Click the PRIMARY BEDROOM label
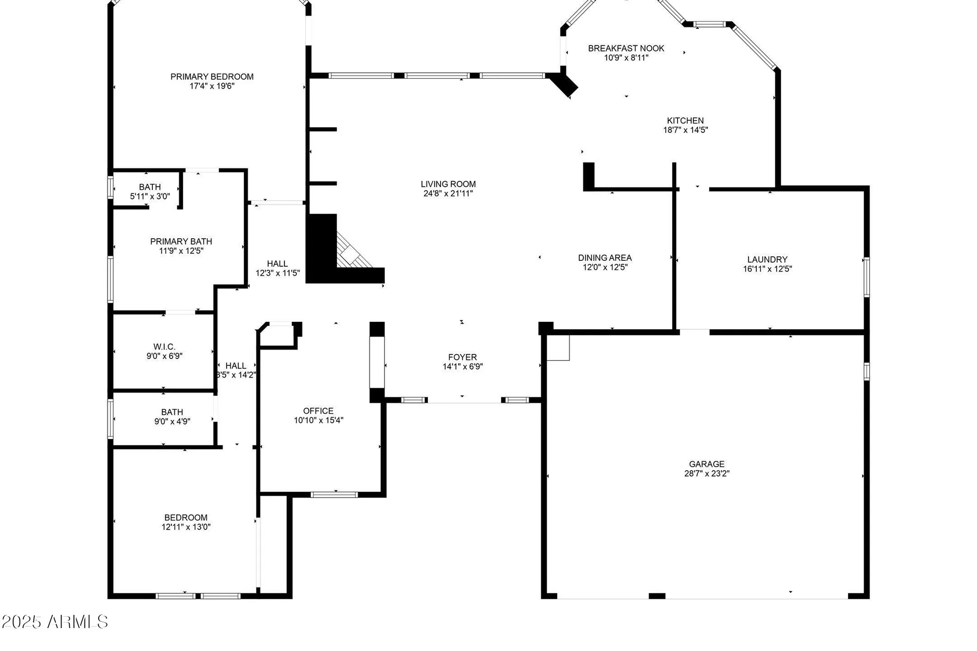[212, 77]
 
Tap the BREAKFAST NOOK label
[626, 48]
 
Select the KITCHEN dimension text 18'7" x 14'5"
[685, 130]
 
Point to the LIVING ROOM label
[448, 184]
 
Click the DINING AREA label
[605, 258]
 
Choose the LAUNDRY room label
[767, 259]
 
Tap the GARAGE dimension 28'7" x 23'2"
[706, 473]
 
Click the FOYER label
[462, 357]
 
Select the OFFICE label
[318, 411]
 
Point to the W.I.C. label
[164, 347]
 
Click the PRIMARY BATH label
[181, 241]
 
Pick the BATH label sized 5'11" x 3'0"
[149, 187]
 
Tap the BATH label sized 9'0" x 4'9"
[172, 412]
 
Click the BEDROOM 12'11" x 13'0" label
[186, 518]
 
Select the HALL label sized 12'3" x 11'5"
[277, 264]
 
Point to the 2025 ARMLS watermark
[55, 622]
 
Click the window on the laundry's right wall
[866, 277]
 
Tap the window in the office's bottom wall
[335, 495]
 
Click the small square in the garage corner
[558, 348]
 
